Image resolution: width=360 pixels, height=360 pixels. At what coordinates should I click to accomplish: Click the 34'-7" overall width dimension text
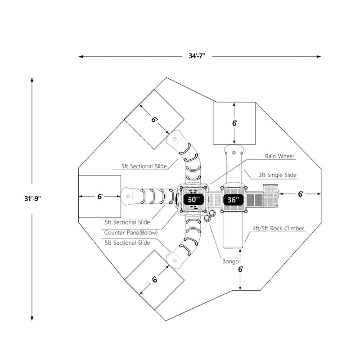pyautogui.click(x=197, y=56)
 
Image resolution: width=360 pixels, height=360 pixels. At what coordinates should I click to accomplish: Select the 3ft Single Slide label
pyautogui.click(x=278, y=175)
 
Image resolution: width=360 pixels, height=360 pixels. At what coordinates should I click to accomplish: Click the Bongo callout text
pyautogui.click(x=230, y=261)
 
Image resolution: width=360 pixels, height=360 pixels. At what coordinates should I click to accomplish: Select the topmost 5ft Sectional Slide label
pyautogui.click(x=144, y=166)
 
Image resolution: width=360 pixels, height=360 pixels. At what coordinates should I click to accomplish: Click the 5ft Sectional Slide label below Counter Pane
pyautogui.click(x=127, y=243)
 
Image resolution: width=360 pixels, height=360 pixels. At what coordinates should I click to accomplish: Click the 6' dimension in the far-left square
pyautogui.click(x=100, y=196)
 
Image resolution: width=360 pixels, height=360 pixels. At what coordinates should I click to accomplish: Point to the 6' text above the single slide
pyautogui.click(x=234, y=123)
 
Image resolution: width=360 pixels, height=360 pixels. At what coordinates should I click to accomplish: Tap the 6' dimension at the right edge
pyautogui.click(x=301, y=194)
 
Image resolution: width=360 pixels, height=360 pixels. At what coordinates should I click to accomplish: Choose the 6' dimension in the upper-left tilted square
pyautogui.click(x=154, y=120)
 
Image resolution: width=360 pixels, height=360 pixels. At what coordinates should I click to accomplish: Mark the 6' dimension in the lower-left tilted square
pyautogui.click(x=154, y=279)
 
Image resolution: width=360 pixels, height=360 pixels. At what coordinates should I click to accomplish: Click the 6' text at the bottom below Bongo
pyautogui.click(x=241, y=270)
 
